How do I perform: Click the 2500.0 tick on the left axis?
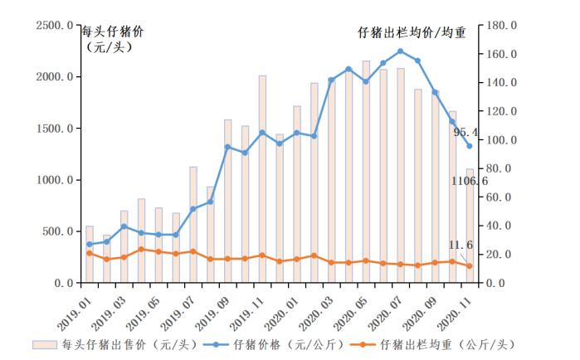(54, 26)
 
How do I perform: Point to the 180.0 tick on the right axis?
(504, 26)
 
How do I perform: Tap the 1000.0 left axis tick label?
(54, 180)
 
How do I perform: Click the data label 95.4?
(466, 132)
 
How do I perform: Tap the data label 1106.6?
(470, 181)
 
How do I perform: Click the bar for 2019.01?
(90, 254)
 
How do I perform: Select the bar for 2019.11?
(262, 179)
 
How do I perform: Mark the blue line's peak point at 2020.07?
(400, 51)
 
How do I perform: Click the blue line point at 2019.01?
(90, 244)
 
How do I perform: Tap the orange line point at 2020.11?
(469, 266)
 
